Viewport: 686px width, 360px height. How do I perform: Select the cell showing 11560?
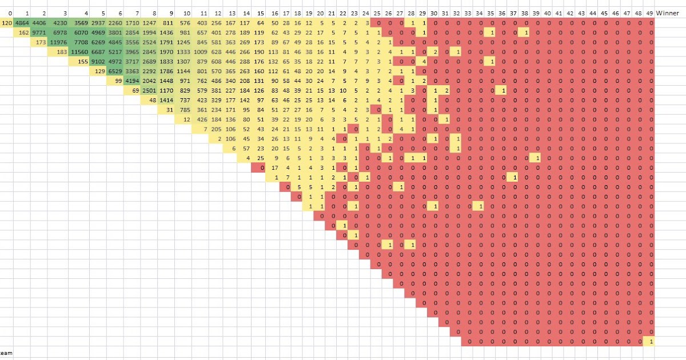click(79, 51)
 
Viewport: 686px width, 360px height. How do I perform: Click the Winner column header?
click(667, 13)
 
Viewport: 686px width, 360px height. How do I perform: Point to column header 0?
click(10, 13)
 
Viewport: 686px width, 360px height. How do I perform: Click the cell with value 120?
click(7, 23)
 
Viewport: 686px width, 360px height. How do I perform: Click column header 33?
click(468, 13)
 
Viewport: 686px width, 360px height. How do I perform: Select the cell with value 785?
click(184, 110)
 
